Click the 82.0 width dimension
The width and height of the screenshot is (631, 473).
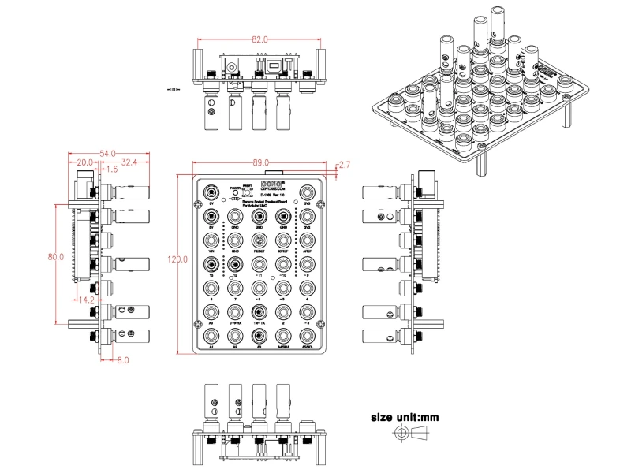pos(259,39)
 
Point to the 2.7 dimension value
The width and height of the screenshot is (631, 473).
pos(345,164)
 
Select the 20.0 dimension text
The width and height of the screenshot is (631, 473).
pos(84,162)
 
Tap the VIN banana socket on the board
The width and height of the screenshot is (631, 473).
pos(211,240)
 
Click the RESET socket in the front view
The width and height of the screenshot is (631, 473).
pos(259,240)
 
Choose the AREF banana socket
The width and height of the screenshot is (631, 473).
pos(308,240)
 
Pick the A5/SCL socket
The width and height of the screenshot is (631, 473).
pos(308,336)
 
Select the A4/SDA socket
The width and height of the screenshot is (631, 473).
pos(283,336)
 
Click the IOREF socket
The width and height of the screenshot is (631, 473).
pos(283,240)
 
